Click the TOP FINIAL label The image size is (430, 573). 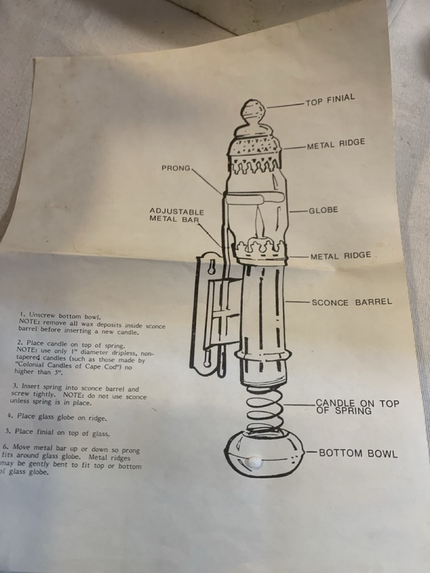pyautogui.click(x=330, y=100)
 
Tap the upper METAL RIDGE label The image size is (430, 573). pyautogui.click(x=335, y=144)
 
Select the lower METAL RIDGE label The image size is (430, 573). pyautogui.click(x=341, y=256)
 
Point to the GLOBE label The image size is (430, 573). pyautogui.click(x=323, y=210)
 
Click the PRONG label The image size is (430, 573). pyautogui.click(x=176, y=168)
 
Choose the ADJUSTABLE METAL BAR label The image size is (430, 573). pyautogui.click(x=176, y=215)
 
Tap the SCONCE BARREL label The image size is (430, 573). pyautogui.click(x=352, y=302)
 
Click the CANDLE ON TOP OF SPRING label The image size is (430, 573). pyautogui.click(x=357, y=407)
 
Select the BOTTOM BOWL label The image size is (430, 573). pyautogui.click(x=358, y=453)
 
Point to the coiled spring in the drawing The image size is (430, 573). pyautogui.click(x=264, y=408)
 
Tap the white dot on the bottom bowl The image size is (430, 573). pyautogui.click(x=255, y=462)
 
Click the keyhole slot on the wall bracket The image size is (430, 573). pyautogui.click(x=212, y=267)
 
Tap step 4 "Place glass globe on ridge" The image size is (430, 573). pyautogui.click(x=57, y=417)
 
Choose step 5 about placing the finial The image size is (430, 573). pyautogui.click(x=58, y=433)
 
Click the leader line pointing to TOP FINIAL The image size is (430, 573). pyautogui.click(x=286, y=105)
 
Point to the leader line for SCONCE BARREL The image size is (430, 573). pyautogui.click(x=298, y=302)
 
